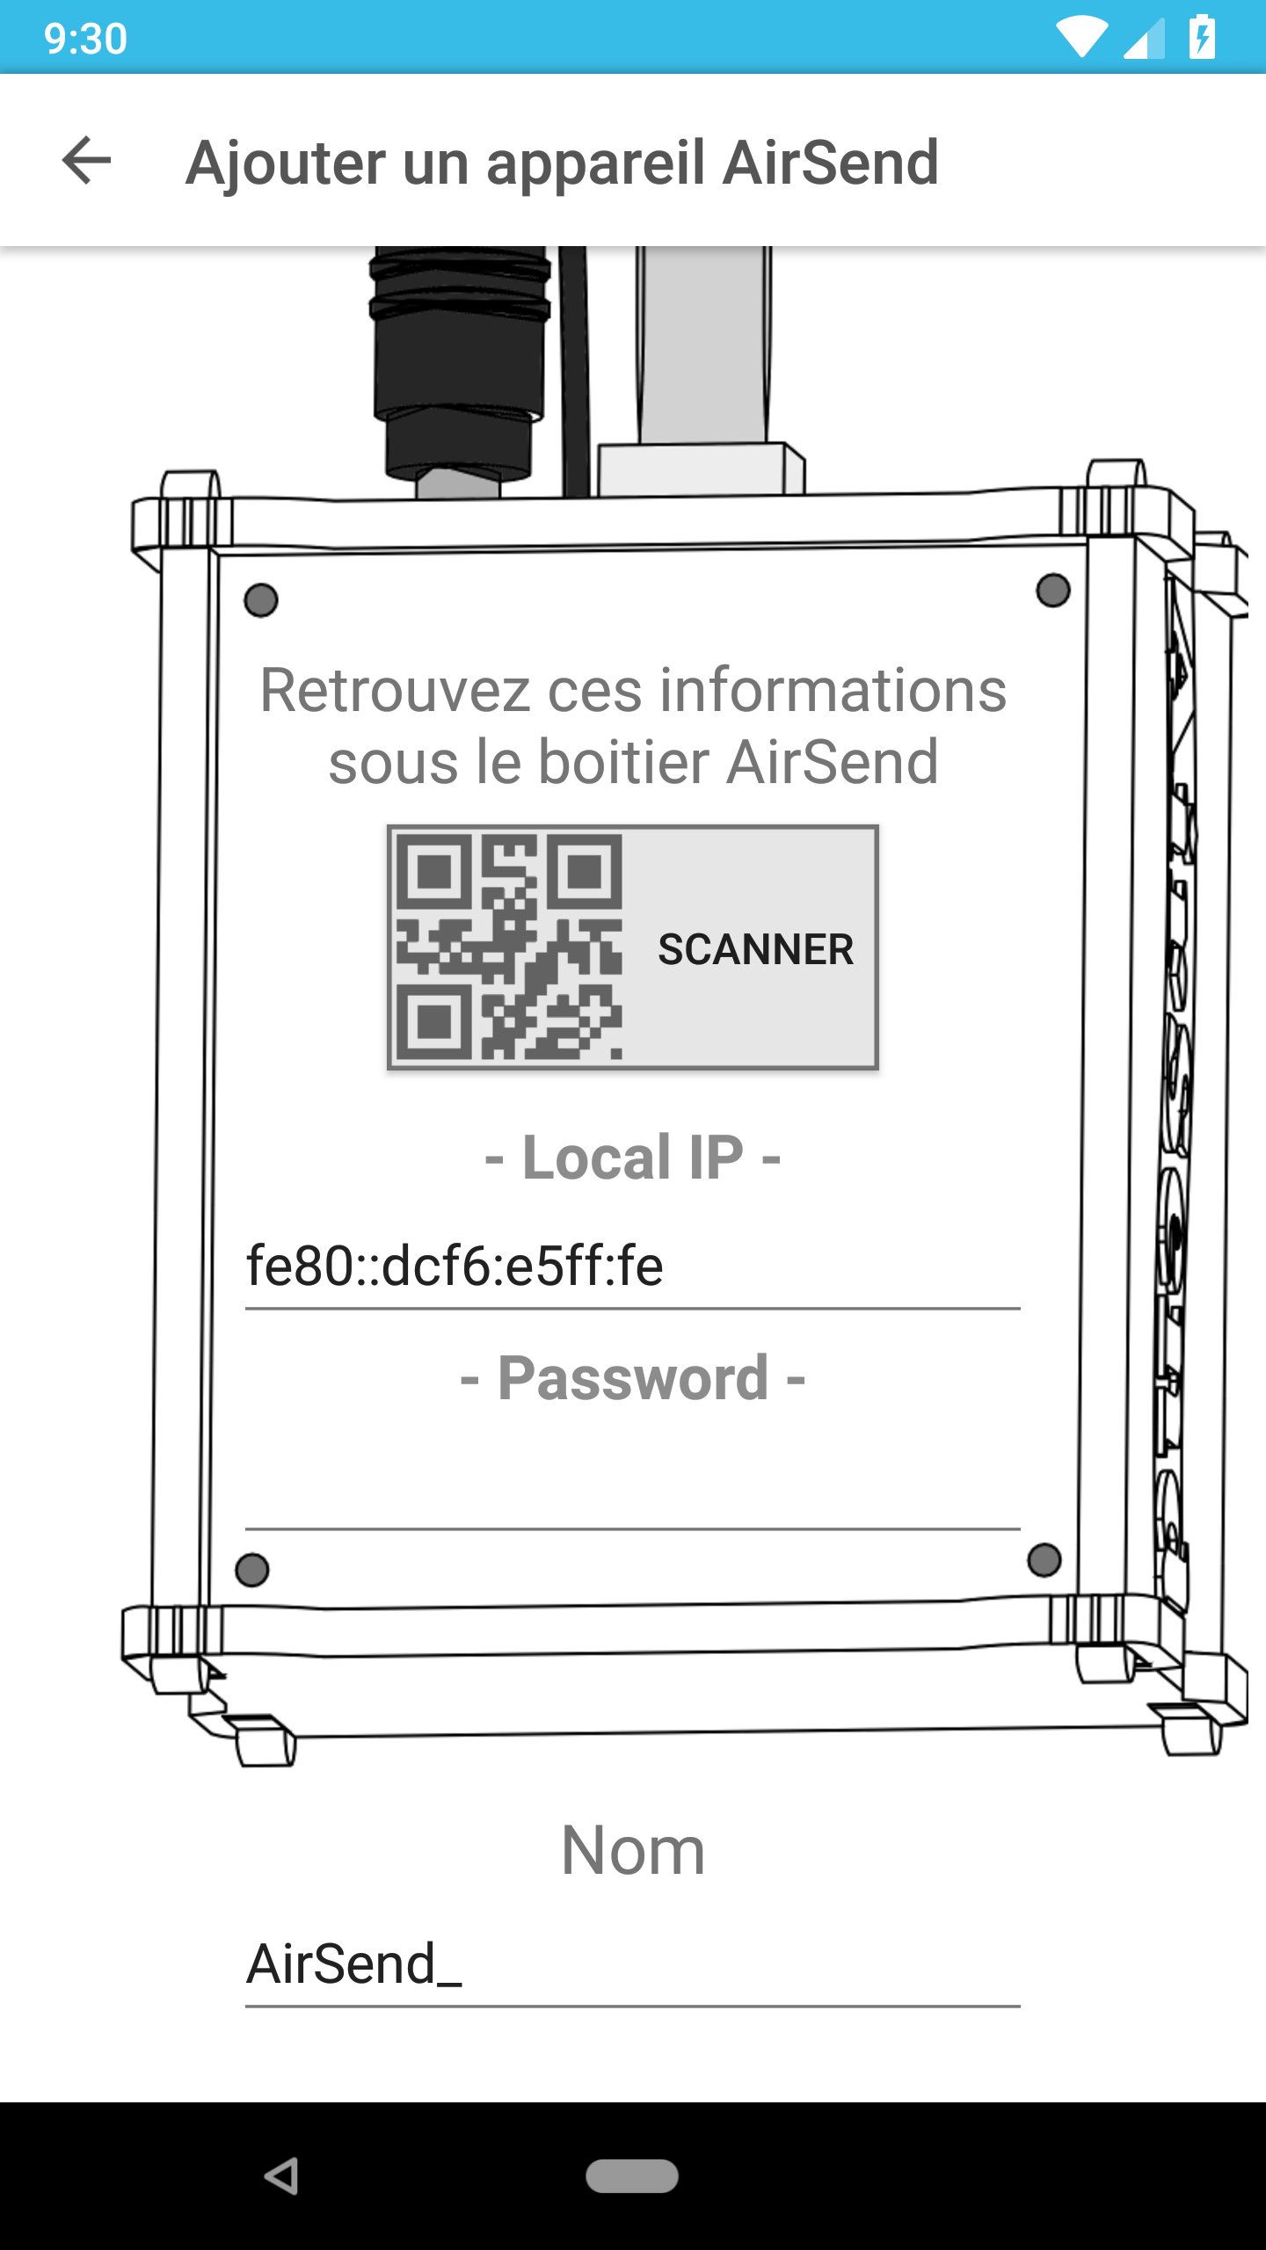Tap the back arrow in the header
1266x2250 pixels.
tap(86, 161)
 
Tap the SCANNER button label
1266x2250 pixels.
tap(755, 949)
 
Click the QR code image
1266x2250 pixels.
tap(509, 947)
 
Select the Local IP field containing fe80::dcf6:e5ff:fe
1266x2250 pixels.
tap(631, 1267)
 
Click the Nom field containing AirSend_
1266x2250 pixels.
tap(631, 1964)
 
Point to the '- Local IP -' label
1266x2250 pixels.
tap(632, 1157)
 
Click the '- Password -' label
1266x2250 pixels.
tap(632, 1377)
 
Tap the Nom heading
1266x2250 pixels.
tap(632, 1850)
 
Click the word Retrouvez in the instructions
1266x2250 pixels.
tap(394, 691)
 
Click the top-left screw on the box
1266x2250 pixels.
tap(261, 600)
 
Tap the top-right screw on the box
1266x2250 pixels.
tap(1052, 590)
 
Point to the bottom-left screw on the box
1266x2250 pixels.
tap(252, 1570)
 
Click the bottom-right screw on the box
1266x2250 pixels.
tap(1044, 1560)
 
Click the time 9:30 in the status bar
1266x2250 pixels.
tap(85, 39)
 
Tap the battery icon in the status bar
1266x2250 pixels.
tap(1202, 38)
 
